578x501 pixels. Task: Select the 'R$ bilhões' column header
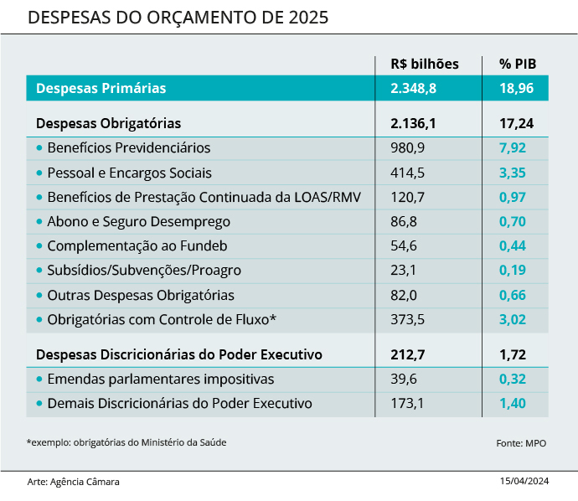coord(425,64)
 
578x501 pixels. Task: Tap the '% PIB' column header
coord(518,64)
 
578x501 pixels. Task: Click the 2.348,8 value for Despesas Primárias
coord(414,88)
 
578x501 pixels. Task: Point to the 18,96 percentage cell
coord(516,88)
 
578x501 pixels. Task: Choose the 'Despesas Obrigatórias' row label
coord(108,123)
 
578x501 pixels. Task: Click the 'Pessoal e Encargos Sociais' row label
coord(129,173)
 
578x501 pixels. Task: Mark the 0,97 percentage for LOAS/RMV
coord(512,198)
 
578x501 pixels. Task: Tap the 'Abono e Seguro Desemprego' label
coord(138,222)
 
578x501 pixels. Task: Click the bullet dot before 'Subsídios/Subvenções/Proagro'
coord(39,271)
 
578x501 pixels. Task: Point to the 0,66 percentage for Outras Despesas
coord(512,295)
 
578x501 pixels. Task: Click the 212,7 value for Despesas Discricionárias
coord(408,354)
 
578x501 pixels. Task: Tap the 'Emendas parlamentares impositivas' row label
coord(160,379)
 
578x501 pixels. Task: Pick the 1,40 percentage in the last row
coord(512,403)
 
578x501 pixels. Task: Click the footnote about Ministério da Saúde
coord(126,442)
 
